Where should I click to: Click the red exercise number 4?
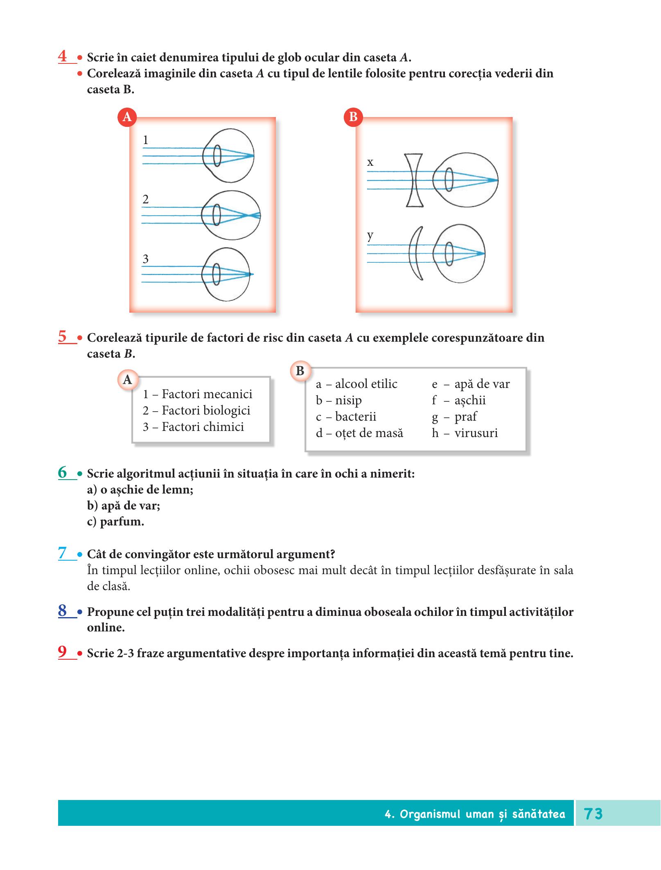click(63, 56)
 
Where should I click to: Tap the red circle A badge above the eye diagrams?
click(127, 117)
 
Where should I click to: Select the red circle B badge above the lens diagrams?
click(353, 117)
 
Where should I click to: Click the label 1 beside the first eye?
click(145, 140)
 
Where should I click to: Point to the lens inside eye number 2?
click(217, 215)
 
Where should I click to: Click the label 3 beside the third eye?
click(145, 259)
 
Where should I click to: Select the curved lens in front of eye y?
click(416, 253)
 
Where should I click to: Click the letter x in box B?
click(370, 162)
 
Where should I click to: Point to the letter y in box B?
click(370, 236)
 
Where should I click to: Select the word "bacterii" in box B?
click(356, 417)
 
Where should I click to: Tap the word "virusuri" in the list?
click(476, 433)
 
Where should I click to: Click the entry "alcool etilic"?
click(366, 384)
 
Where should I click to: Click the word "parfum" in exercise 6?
click(120, 522)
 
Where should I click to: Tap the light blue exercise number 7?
click(63, 553)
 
